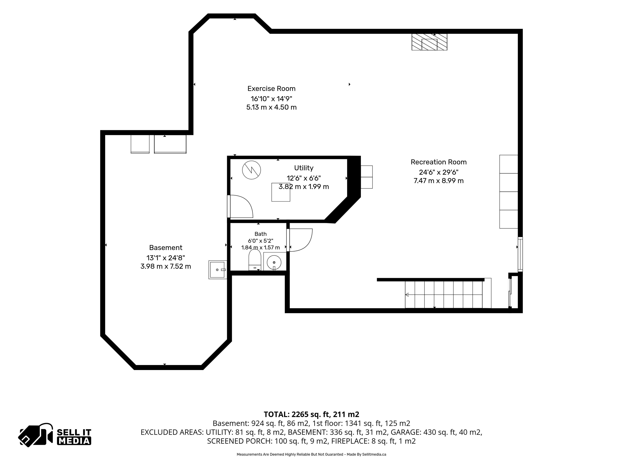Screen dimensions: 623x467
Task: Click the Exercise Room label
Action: point(271,89)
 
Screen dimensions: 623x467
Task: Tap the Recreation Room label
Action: point(439,162)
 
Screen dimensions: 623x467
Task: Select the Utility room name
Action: point(304,168)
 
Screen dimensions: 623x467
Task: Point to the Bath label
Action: point(261,234)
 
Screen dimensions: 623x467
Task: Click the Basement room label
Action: point(166,248)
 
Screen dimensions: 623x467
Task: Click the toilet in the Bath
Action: point(255,260)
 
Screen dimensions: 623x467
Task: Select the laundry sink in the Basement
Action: point(217,270)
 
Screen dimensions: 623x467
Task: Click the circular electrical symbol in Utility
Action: point(251,170)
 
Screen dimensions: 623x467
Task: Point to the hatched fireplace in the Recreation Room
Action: point(429,42)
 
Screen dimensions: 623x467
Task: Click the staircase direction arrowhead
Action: point(407,295)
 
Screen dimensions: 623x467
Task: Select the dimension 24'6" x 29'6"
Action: point(439,172)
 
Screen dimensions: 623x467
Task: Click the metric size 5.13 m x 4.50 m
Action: point(271,107)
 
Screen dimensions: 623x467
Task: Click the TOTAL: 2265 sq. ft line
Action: point(311,414)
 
